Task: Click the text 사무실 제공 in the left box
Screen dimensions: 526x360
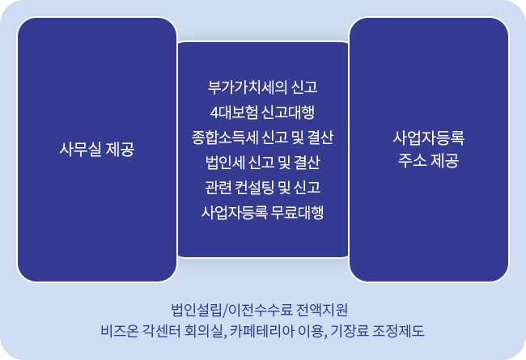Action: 97,149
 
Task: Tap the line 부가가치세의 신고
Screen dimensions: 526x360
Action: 263,87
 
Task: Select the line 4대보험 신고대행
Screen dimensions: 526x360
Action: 263,112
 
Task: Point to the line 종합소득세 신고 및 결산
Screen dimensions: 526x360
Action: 263,138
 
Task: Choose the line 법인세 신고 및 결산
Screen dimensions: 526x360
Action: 263,163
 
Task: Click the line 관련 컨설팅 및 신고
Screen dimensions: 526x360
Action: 263,187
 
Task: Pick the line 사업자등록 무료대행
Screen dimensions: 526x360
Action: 263,213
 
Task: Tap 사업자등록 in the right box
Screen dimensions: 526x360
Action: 429,138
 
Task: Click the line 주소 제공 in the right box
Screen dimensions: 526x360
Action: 429,160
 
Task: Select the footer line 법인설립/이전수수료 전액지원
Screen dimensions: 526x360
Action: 259,310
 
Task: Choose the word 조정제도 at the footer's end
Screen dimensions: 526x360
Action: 399,331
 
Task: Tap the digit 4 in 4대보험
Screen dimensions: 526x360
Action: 214,112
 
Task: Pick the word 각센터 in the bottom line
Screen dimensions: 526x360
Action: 161,331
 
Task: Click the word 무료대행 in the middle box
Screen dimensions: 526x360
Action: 298,213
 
